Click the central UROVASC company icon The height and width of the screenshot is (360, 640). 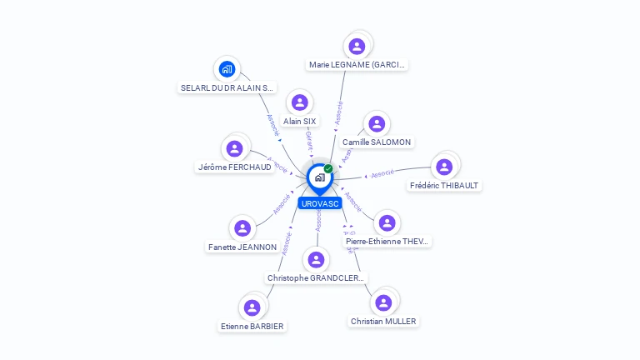319,177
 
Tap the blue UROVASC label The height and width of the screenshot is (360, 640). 320,203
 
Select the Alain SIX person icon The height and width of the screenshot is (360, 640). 299,102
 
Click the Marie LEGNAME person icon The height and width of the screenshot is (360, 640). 357,46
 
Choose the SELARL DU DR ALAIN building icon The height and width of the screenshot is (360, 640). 227,69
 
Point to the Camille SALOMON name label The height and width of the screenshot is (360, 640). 377,142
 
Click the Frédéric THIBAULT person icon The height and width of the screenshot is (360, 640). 444,167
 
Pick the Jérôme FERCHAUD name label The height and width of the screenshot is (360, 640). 234,167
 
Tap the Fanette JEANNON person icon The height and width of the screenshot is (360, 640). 242,228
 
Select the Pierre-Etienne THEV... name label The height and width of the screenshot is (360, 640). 387,242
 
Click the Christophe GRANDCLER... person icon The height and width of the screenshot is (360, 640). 316,260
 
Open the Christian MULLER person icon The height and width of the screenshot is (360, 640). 382,302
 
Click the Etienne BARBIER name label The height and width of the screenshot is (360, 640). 252,326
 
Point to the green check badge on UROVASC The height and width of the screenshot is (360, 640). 328,168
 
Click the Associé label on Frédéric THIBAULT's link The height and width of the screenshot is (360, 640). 382,173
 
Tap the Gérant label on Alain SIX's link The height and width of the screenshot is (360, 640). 309,139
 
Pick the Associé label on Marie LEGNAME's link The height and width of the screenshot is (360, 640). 337,112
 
